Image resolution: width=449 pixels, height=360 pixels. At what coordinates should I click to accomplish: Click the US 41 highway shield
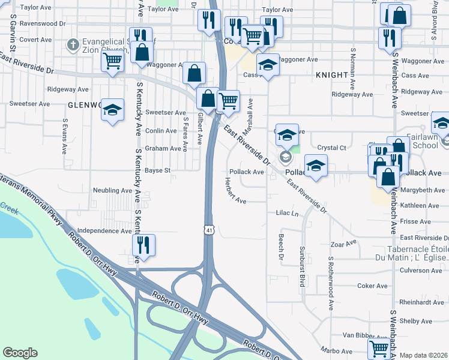pos(208,229)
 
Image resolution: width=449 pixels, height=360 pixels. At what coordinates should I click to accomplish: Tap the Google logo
pos(20,353)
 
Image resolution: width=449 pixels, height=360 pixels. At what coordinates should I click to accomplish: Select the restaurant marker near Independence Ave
pos(143,244)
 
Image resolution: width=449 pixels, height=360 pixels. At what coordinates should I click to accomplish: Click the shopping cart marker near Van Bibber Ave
pos(379,347)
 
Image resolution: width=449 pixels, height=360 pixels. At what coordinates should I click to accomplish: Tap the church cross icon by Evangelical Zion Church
pos(73,44)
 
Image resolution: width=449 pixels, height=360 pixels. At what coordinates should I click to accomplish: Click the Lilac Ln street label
pos(287,213)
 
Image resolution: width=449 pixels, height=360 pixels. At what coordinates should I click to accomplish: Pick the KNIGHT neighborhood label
pos(331,75)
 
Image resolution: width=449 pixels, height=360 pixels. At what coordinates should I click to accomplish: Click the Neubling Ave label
pos(112,190)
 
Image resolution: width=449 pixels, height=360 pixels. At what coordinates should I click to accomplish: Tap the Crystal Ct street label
pos(332,148)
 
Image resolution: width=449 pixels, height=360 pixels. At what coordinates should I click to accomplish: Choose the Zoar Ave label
pos(343,243)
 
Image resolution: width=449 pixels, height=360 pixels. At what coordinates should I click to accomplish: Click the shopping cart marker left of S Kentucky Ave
pos(113,61)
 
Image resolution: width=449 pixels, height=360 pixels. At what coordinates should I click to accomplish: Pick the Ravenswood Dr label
pos(43,25)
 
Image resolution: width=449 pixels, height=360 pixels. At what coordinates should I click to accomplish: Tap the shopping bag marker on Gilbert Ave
pos(194,73)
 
